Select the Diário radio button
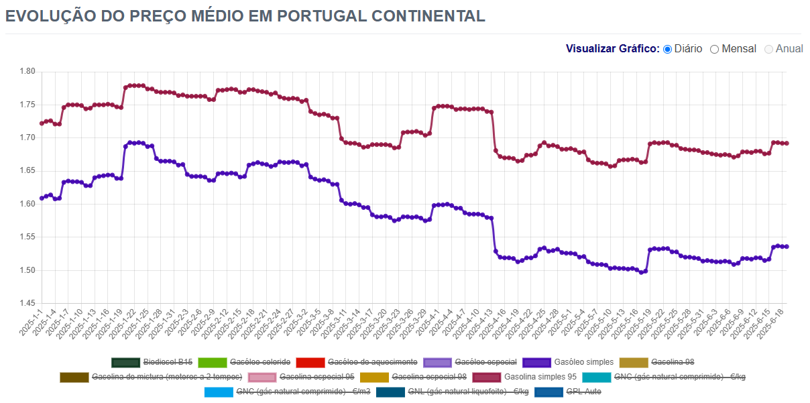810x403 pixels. click(x=667, y=49)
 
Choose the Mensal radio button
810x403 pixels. click(x=714, y=49)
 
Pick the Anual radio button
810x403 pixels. click(x=768, y=49)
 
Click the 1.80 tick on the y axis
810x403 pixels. click(x=27, y=72)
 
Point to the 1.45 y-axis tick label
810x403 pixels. click(x=27, y=304)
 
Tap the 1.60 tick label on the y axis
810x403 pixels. click(x=27, y=204)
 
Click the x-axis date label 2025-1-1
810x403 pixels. click(x=31, y=323)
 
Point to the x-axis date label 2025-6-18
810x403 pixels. click(x=776, y=323)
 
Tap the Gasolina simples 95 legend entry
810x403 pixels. click(x=540, y=377)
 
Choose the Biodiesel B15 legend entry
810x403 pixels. click(x=168, y=362)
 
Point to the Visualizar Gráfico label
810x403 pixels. click(x=612, y=49)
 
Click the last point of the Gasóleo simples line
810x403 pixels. click(x=787, y=247)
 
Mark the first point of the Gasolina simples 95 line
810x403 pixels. click(x=42, y=123)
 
